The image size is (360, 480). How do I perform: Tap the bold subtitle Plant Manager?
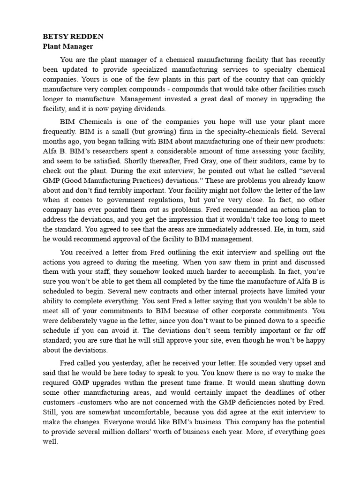[68, 46]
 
